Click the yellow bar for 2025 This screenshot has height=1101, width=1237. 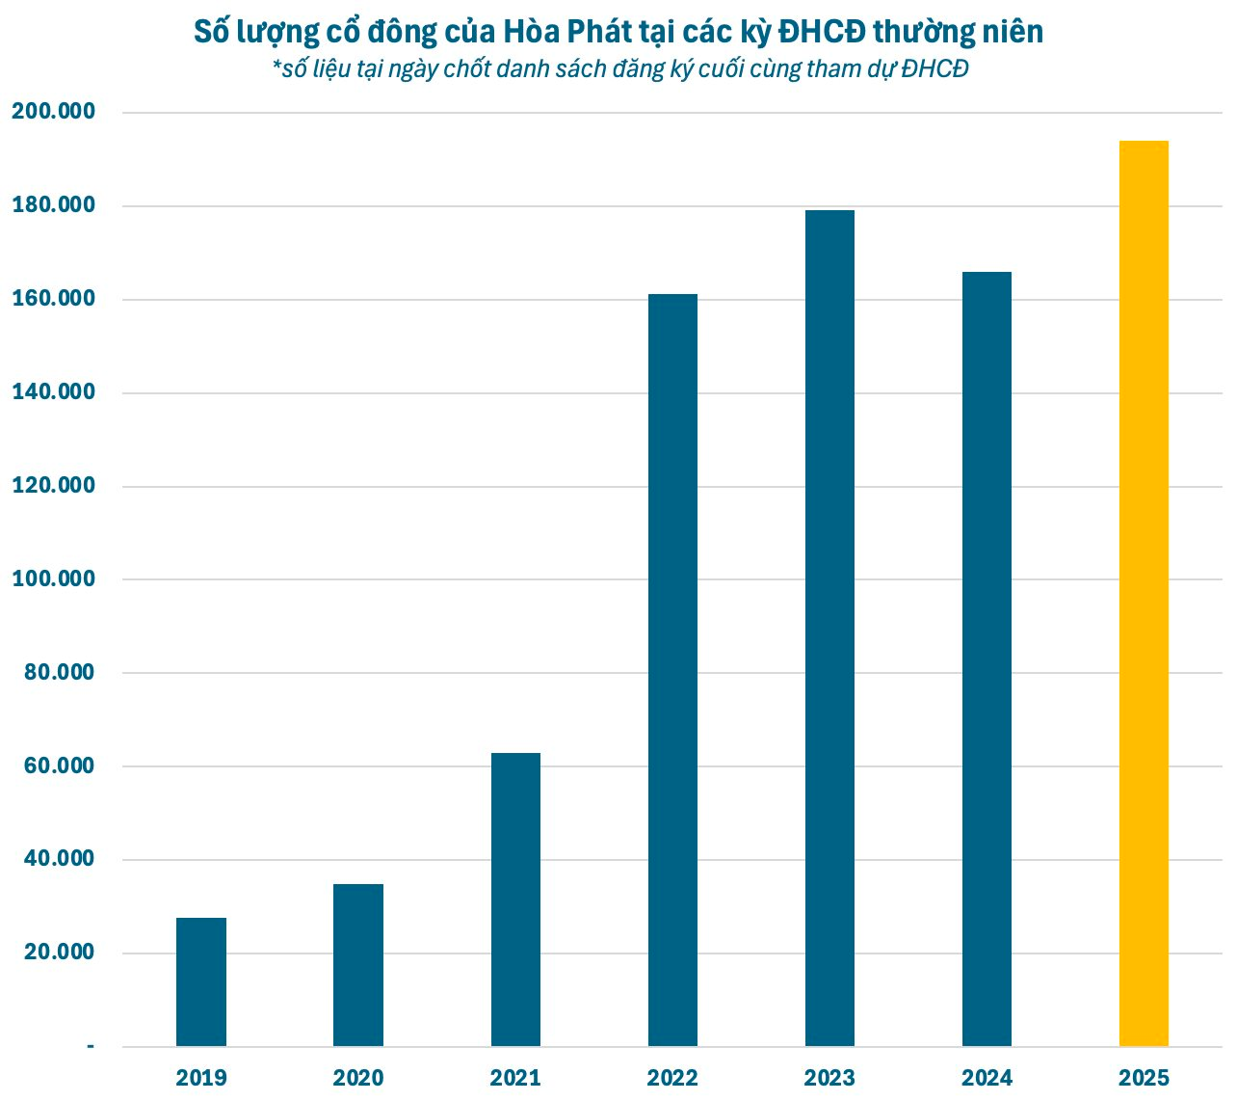pos(1144,593)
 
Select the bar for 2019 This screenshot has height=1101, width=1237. pos(201,981)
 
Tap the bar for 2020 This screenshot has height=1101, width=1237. pos(358,964)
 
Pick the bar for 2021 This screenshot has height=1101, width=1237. pos(515,899)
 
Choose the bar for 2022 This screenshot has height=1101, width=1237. pos(672,670)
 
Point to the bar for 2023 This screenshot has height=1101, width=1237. pos(829,628)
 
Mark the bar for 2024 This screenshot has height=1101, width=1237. pos(987,658)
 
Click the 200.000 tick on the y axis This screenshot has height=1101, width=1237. pos(53,112)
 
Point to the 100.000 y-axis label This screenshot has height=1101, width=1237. pos(53,578)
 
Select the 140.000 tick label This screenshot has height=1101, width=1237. pos(53,392)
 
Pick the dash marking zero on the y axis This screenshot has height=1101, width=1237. pos(91,1046)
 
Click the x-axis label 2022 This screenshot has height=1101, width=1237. pos(672,1078)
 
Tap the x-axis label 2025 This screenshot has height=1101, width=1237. pos(1144,1078)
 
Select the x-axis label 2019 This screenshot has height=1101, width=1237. pos(201,1078)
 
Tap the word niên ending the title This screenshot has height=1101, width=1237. pos(1011,32)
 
